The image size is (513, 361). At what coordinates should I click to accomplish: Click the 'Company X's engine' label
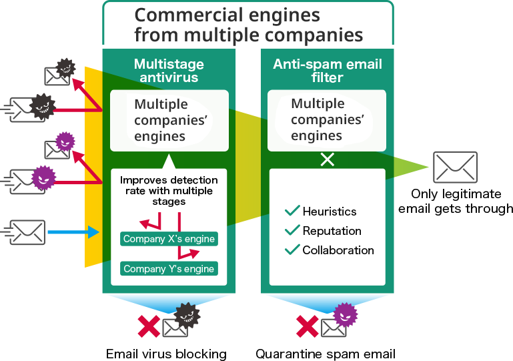pyautogui.click(x=169, y=239)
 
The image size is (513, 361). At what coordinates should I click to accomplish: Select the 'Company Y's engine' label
pyautogui.click(x=169, y=269)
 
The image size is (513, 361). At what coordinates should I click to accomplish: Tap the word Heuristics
pyautogui.click(x=330, y=212)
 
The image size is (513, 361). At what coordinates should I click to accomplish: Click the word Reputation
pyautogui.click(x=332, y=231)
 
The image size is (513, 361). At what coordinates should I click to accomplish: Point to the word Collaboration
pyautogui.click(x=338, y=250)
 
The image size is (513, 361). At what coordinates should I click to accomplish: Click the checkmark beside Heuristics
pyautogui.click(x=292, y=211)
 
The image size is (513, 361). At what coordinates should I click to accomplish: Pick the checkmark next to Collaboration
pyautogui.click(x=292, y=250)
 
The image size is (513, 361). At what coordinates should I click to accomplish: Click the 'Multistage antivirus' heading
pyautogui.click(x=169, y=71)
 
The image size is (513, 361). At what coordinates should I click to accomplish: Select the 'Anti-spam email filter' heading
pyautogui.click(x=327, y=71)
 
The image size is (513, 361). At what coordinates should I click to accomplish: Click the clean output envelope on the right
pyautogui.click(x=455, y=167)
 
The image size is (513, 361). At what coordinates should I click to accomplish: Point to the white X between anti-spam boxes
pyautogui.click(x=328, y=160)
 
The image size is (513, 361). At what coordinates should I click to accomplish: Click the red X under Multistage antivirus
pyautogui.click(x=149, y=326)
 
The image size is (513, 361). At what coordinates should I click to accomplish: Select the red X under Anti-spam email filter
pyautogui.click(x=307, y=326)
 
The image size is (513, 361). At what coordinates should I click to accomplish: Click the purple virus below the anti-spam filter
pyautogui.click(x=346, y=314)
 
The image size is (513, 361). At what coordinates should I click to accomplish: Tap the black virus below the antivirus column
pyautogui.click(x=187, y=315)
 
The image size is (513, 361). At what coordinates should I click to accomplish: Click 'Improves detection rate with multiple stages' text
pyautogui.click(x=169, y=190)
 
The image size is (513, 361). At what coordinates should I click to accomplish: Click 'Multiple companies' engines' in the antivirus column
pyautogui.click(x=161, y=120)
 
